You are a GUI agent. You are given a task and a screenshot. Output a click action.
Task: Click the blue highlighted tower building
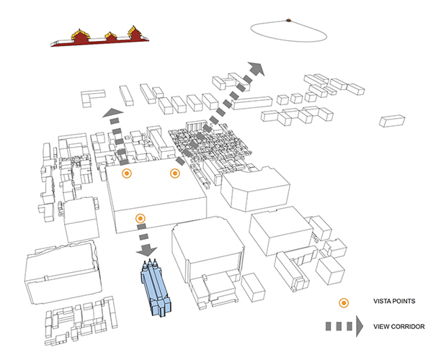click(155, 289)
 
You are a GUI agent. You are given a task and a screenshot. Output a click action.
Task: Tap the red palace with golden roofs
click(100, 38)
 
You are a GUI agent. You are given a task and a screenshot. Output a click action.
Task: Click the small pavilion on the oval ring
click(288, 20)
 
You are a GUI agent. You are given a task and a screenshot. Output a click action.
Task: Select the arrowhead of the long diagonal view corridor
click(256, 69)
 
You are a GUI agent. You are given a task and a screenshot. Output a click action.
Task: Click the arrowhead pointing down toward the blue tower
click(146, 251)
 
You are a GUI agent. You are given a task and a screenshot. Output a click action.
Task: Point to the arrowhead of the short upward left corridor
click(113, 112)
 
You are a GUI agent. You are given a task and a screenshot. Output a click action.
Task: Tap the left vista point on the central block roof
click(127, 174)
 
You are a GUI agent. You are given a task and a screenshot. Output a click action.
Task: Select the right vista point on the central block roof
click(175, 174)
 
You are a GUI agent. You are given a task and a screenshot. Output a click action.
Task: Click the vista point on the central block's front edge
click(141, 218)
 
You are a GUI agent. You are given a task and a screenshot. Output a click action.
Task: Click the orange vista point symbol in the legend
click(344, 303)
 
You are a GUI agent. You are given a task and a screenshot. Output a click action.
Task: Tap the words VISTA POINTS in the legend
click(394, 301)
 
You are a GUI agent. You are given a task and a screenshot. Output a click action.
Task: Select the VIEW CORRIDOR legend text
click(398, 327)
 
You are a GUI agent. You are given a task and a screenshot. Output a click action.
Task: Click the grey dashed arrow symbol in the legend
click(344, 326)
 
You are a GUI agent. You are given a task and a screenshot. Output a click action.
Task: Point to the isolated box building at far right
click(392, 121)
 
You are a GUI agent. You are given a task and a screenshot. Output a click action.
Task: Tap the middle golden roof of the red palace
click(111, 36)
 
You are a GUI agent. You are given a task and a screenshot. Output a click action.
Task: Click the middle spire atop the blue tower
click(150, 263)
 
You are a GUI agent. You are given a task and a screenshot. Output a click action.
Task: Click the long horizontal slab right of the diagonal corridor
click(252, 103)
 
